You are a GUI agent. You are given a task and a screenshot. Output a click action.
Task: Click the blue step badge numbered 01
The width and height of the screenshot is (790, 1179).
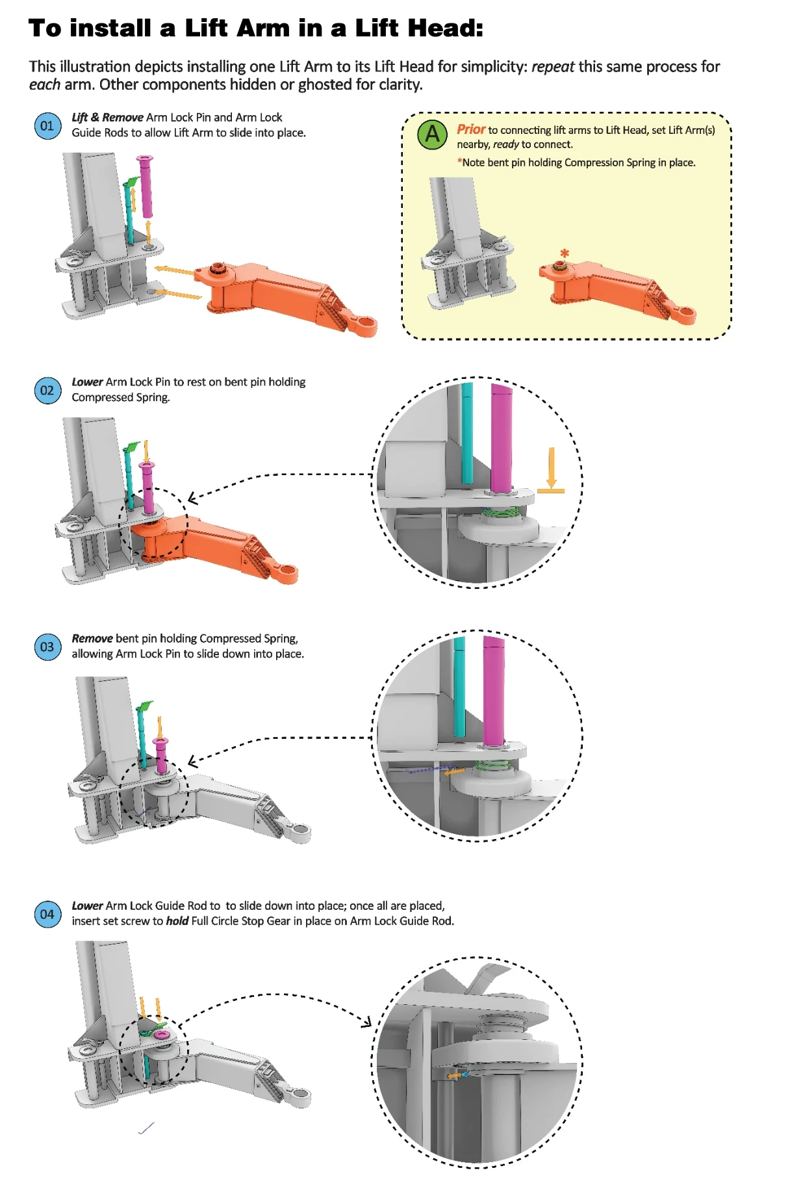pos(47,125)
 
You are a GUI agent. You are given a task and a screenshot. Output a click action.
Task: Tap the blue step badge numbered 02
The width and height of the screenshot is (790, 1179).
pos(47,390)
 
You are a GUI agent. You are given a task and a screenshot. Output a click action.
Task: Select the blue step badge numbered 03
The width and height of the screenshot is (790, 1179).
pos(47,647)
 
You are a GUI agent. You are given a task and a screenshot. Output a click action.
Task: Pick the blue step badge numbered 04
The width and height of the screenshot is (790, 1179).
pos(47,914)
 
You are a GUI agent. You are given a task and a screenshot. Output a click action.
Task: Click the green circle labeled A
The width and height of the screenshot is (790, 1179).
pos(432,135)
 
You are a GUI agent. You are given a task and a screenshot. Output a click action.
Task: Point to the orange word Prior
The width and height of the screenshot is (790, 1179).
pos(471,129)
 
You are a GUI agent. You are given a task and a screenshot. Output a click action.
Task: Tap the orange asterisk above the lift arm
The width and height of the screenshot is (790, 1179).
pos(565,253)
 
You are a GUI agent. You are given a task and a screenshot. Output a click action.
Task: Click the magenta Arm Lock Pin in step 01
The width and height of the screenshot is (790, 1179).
pos(146,187)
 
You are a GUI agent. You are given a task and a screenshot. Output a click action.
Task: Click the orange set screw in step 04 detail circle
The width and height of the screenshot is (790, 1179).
pos(454,1076)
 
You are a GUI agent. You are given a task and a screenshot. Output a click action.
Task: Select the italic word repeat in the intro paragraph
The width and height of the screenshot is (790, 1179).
pos(553,67)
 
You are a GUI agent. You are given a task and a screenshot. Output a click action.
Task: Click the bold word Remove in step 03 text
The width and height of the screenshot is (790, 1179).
pos(92,638)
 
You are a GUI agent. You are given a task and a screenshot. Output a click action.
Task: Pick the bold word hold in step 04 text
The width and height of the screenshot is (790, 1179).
pos(177,921)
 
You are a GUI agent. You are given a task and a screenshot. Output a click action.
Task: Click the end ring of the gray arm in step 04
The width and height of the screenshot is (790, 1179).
pos(301,1097)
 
